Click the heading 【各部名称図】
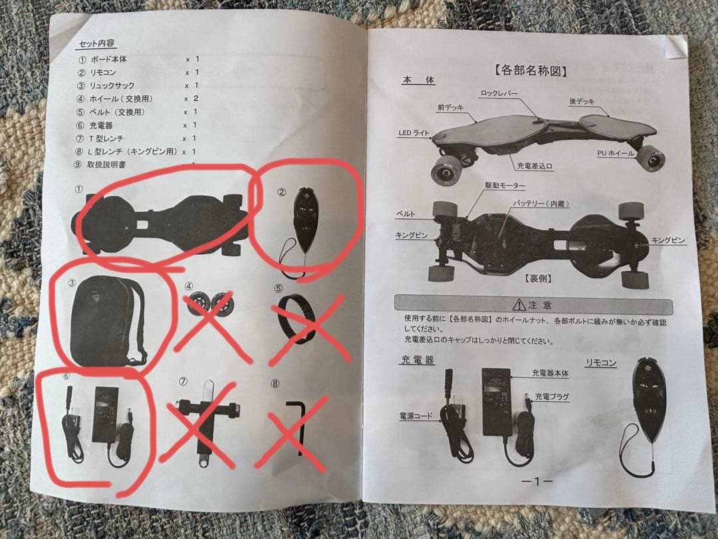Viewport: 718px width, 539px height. tap(535, 69)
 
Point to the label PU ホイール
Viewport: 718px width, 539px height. tap(616, 154)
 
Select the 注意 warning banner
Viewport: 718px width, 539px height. tap(538, 305)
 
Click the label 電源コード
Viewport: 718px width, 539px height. tap(416, 416)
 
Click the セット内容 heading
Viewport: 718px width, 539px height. tap(97, 43)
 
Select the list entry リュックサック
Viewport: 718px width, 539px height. tap(112, 85)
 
